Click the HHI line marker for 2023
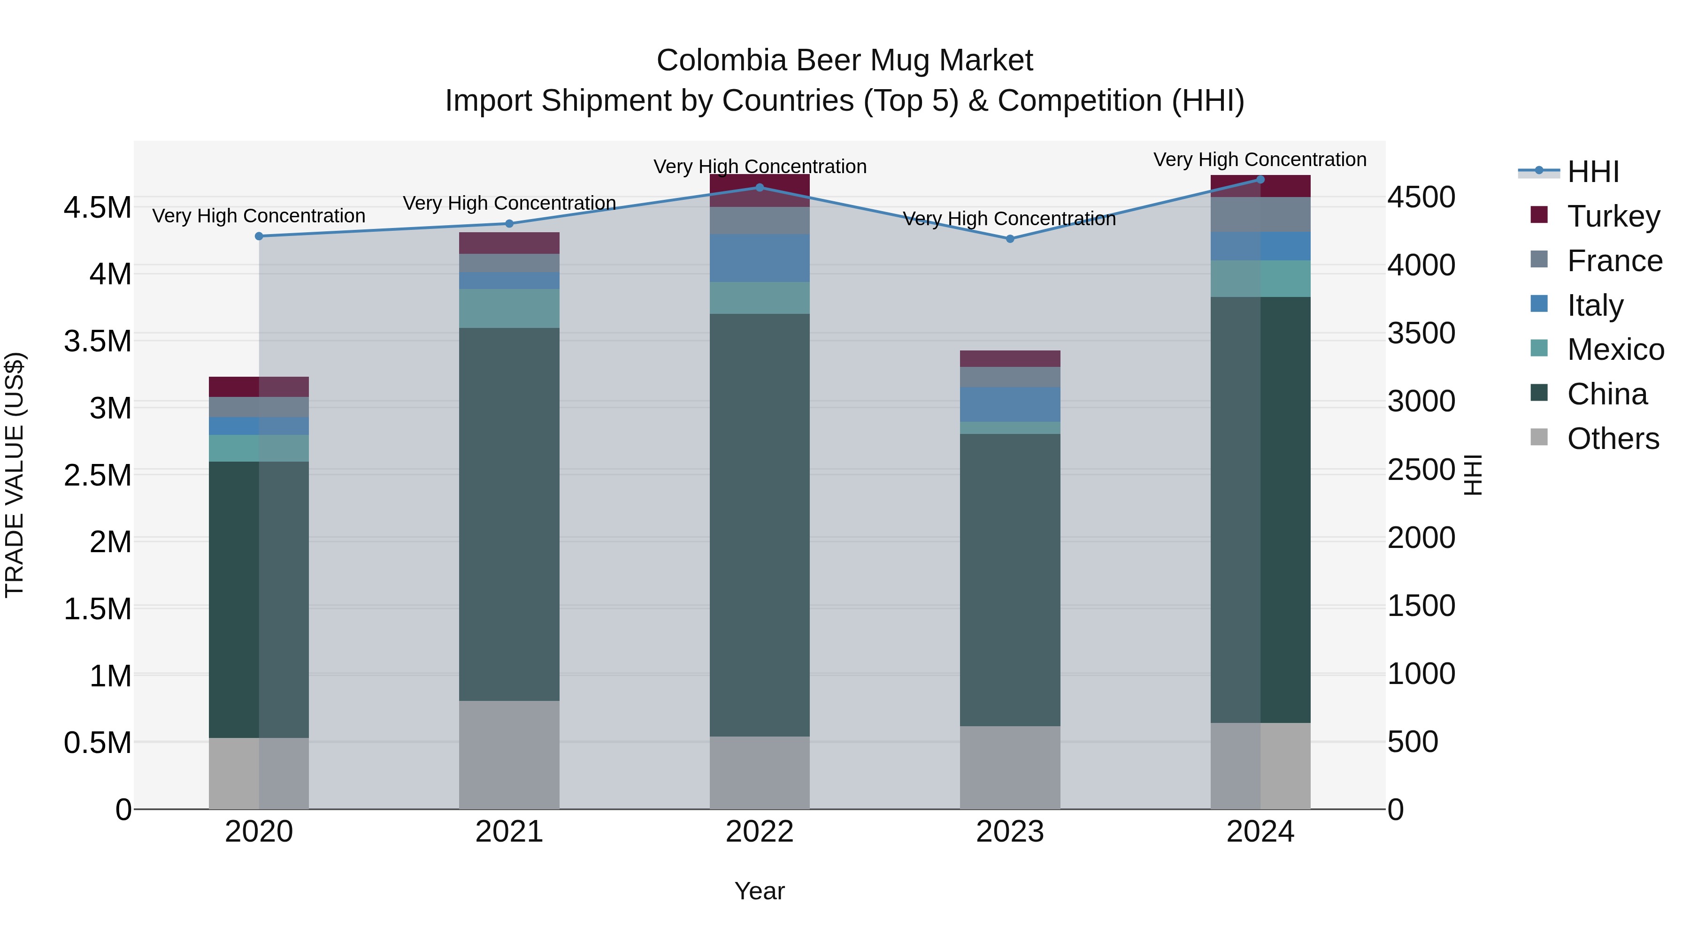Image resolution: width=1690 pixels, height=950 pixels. (1010, 239)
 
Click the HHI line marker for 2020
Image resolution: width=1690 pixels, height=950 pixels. (259, 236)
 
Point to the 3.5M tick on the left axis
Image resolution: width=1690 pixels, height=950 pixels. (97, 341)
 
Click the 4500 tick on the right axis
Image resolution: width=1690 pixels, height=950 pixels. (1421, 198)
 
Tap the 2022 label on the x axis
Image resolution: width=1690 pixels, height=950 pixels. (759, 832)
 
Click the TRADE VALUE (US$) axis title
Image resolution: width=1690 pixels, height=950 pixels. (15, 475)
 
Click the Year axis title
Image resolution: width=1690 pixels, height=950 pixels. (759, 891)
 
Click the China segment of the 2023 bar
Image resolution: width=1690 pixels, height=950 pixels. (1010, 579)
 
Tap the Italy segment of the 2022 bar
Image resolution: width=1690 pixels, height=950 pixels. (759, 258)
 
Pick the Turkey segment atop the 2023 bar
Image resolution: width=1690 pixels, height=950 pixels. (1010, 358)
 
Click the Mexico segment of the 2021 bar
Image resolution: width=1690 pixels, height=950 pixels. (509, 308)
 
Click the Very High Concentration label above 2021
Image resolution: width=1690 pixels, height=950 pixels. (509, 203)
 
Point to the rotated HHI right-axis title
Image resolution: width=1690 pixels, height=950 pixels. (1472, 475)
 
